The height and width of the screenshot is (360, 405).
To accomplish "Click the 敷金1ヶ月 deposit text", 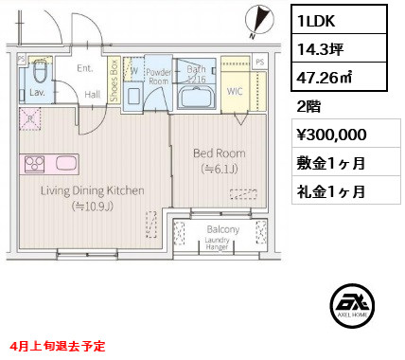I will click(x=328, y=162).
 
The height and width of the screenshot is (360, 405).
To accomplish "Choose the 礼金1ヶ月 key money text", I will click(x=328, y=190).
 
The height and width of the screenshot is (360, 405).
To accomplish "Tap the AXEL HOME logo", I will click(x=353, y=306).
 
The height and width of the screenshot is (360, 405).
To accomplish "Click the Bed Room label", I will click(x=219, y=153).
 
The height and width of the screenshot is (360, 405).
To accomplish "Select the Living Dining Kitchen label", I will click(x=93, y=190).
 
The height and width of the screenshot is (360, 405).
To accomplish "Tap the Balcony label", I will click(x=222, y=229).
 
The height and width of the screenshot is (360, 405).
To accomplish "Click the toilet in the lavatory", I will click(x=41, y=74).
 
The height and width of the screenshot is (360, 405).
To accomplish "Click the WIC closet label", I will click(x=235, y=91).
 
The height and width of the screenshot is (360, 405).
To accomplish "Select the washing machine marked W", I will click(x=134, y=70).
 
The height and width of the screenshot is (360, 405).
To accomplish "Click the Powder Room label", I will click(x=157, y=76).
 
